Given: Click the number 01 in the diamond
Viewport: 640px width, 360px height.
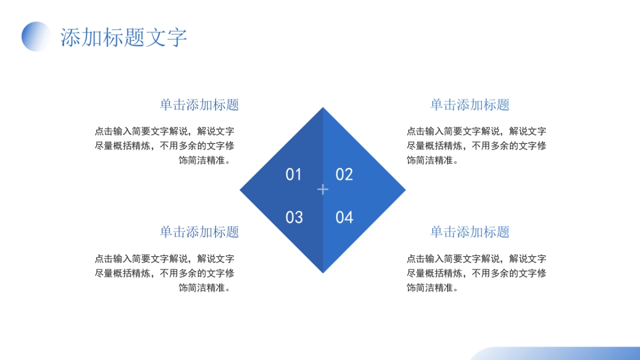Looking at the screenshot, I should coord(294,174).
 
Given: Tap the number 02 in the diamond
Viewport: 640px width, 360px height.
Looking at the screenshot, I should coord(344,174).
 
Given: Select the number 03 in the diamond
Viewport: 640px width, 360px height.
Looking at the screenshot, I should coord(294,217).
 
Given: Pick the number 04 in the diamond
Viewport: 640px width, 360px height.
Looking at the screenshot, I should coord(344,217).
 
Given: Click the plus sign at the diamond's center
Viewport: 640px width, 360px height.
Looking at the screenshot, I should coord(323,189).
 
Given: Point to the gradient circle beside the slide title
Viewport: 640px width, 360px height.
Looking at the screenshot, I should coord(36,36).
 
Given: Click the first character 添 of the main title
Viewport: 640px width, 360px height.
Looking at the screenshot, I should coord(71,38).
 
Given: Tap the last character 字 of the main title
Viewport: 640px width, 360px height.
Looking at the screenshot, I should coord(177,38).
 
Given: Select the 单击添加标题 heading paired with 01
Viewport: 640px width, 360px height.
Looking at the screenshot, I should coord(199,105).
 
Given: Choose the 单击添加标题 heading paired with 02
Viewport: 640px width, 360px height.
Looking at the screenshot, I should coord(470,105).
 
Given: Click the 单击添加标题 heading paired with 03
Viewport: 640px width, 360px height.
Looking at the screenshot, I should coord(199,231).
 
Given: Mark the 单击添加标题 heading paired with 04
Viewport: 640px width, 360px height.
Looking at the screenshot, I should coord(470,231).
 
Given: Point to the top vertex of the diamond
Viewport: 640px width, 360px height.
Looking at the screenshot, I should coord(323,109).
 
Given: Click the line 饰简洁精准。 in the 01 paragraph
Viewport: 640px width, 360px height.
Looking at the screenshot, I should coord(206,160).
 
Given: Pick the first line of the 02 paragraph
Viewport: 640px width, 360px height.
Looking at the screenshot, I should coord(476,131).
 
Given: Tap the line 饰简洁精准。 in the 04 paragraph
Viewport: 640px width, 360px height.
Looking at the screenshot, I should coord(433,287).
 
